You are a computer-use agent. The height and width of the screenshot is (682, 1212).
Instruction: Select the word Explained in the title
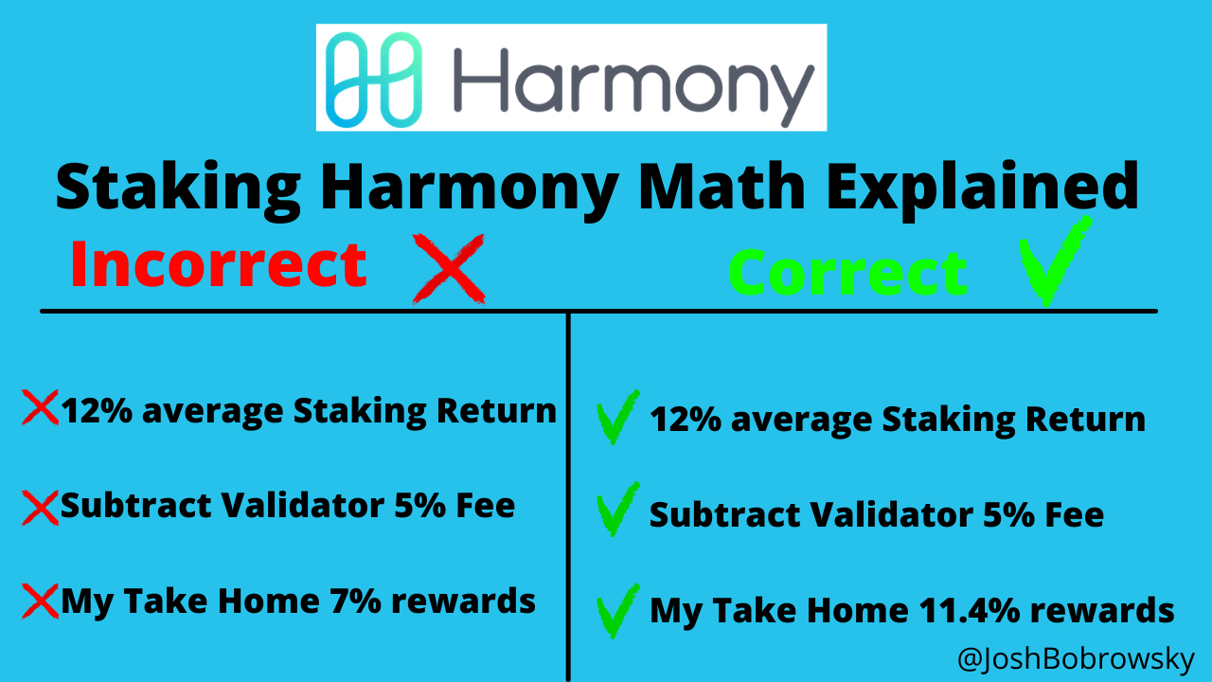[984, 187]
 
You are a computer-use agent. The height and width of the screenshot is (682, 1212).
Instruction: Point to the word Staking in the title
[179, 187]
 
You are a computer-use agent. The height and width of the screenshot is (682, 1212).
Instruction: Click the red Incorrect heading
[219, 265]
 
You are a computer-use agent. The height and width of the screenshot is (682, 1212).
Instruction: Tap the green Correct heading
[847, 273]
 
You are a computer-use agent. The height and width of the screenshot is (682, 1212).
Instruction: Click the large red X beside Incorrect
[450, 269]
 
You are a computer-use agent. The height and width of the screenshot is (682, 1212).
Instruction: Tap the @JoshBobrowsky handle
[1076, 658]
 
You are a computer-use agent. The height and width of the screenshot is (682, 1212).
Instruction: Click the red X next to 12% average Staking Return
[40, 408]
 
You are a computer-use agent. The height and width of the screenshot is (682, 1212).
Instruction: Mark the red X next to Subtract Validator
[40, 506]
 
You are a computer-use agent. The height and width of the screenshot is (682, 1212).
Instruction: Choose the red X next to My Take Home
[40, 601]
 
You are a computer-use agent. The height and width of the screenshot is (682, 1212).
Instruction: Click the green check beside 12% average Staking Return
[617, 417]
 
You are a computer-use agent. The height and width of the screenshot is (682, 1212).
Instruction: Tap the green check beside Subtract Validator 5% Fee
[617, 512]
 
